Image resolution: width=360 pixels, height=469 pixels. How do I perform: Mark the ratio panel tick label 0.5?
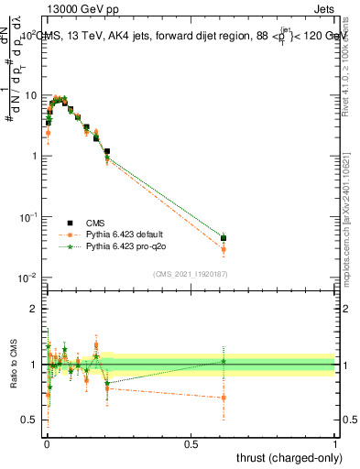(x=30, y=420)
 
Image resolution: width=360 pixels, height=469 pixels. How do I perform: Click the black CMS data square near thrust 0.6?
(x=223, y=238)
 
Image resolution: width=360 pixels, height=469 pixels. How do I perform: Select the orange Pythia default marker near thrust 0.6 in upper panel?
(x=223, y=249)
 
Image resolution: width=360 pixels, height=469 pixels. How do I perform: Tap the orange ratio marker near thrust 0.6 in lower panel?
(x=223, y=398)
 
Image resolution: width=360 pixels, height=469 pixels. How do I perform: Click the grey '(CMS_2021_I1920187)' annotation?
(x=190, y=273)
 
